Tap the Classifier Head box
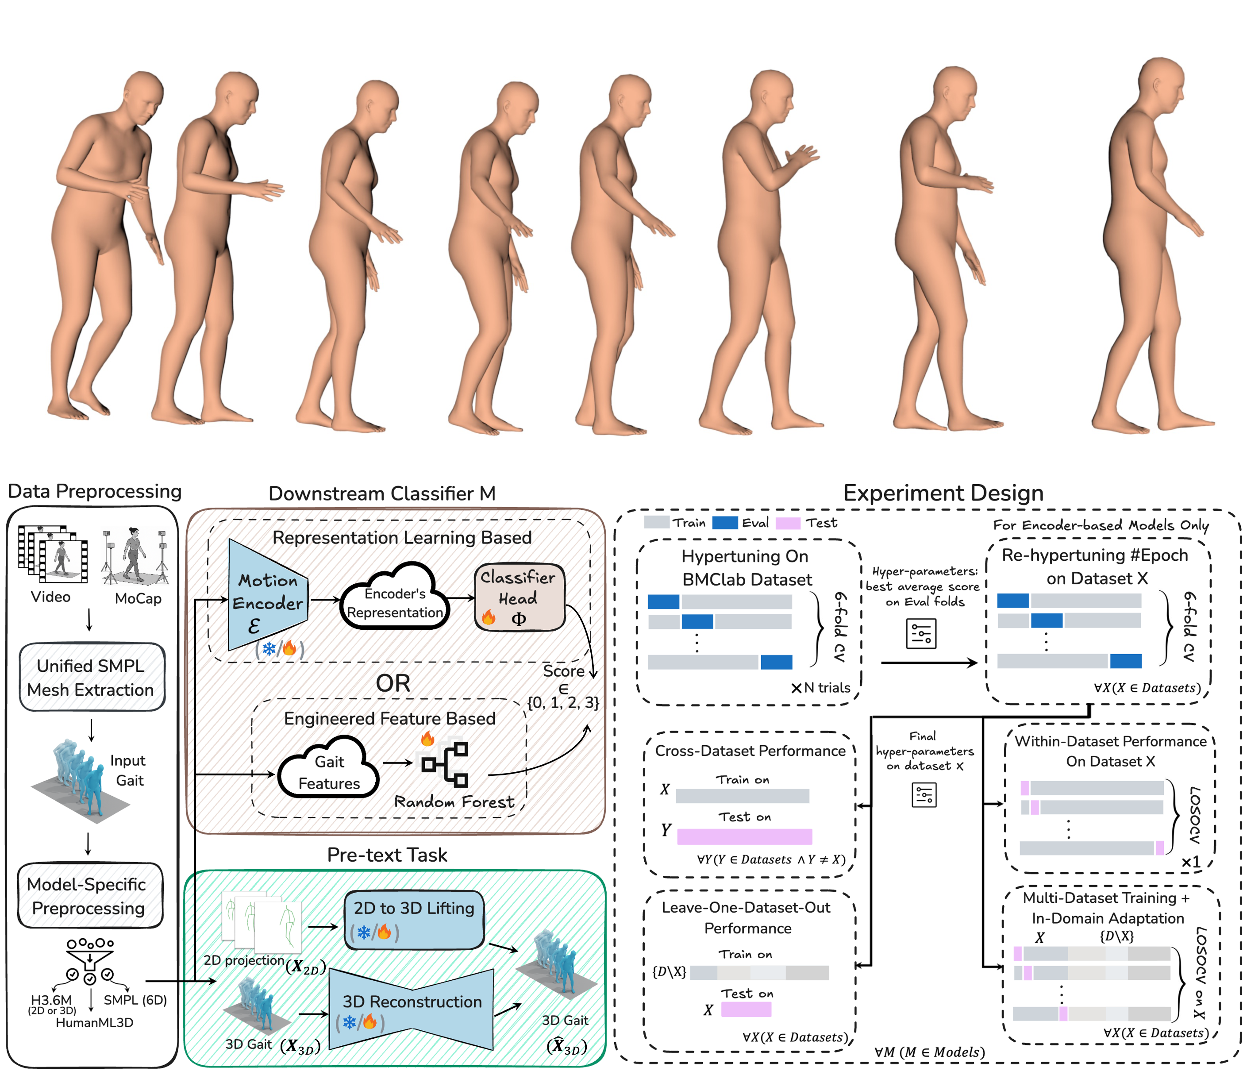coord(520,597)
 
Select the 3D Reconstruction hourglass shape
coord(412,1009)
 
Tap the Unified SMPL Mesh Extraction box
coord(91,677)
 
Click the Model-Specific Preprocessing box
coord(89,896)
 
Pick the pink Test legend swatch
coord(788,523)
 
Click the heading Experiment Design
coord(943,493)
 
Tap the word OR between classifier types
coord(393,683)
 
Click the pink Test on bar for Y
coord(744,836)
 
